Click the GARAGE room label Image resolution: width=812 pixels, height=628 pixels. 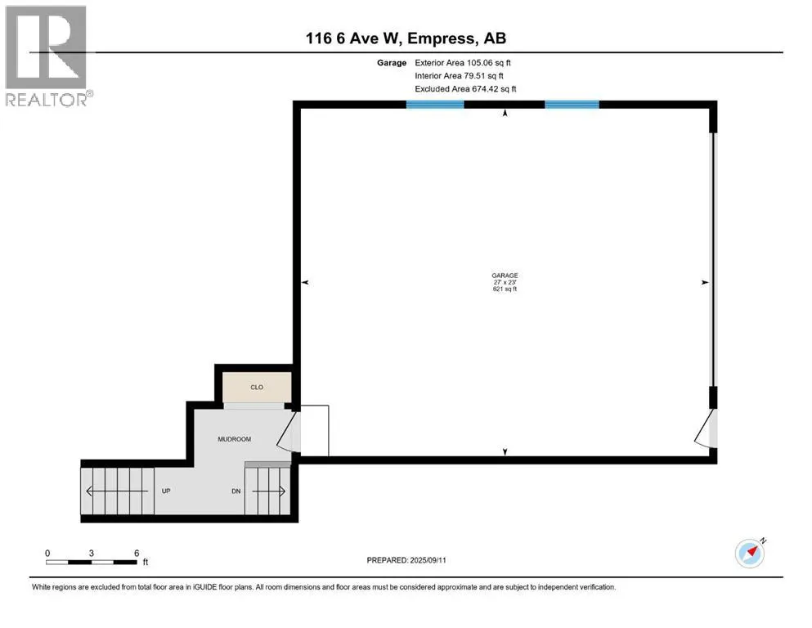coord(505,276)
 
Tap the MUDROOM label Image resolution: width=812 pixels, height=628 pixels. coord(234,439)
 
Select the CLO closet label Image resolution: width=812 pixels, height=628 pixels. coord(257,388)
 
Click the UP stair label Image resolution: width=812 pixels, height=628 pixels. coord(166,491)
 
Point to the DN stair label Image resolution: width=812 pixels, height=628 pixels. coord(236,491)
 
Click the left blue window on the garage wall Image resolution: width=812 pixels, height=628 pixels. coord(435,105)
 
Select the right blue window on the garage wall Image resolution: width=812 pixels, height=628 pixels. coord(572,105)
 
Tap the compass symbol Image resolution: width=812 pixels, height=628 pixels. coord(750,553)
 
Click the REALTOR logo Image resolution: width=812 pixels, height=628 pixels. coord(47,56)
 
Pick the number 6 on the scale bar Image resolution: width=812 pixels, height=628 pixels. coord(137,553)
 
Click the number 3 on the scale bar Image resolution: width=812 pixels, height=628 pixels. coord(91,553)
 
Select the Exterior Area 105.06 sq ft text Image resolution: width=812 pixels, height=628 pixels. coord(463,63)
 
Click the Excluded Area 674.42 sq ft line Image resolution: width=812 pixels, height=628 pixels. coord(465,88)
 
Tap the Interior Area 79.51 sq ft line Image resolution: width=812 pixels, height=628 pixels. coord(459,75)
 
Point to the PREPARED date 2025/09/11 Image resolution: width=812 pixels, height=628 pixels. coord(428,560)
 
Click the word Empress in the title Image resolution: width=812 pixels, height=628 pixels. coord(440,38)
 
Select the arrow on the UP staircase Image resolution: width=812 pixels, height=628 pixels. coord(117,491)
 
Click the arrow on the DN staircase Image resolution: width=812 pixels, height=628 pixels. coord(268,491)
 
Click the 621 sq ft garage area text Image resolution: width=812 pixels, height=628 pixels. coord(505,289)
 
